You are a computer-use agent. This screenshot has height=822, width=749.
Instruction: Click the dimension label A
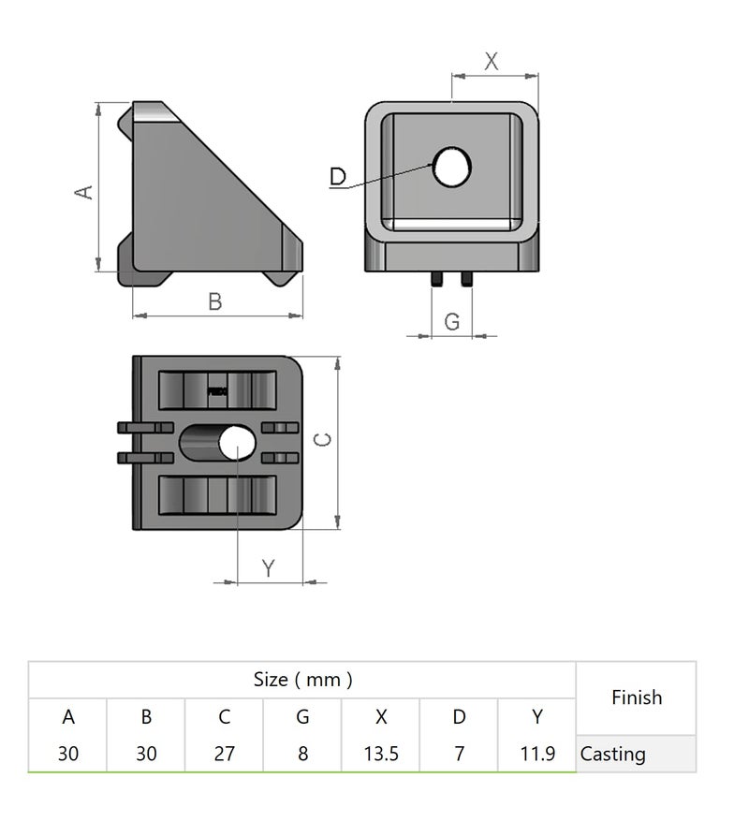coord(84,191)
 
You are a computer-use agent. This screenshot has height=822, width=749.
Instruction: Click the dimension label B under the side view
coord(214,301)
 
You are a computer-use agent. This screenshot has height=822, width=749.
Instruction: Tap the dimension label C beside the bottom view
coord(321,440)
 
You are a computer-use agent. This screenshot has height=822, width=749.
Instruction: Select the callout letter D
coord(338,176)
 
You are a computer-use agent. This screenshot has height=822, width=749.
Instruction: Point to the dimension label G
coord(452,321)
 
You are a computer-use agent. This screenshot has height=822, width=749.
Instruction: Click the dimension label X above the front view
coord(492,62)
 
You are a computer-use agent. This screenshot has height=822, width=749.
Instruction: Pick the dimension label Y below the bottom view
coord(269,567)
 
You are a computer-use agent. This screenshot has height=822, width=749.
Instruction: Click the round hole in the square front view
coord(451,168)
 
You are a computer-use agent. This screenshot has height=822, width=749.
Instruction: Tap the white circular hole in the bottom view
coord(238,443)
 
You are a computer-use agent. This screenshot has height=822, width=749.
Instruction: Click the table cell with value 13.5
coord(380,754)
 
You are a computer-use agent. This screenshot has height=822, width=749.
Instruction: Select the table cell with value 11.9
coord(536,754)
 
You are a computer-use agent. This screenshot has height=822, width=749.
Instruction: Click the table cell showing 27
coord(224,754)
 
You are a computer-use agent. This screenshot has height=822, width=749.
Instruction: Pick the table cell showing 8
coord(302,754)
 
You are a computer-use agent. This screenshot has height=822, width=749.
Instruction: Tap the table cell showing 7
coord(459,754)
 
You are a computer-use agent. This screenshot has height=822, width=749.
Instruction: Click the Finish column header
coord(636,697)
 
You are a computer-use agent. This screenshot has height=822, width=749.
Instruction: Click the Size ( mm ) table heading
coord(302,680)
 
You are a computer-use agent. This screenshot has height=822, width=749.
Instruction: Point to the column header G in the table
coord(302,717)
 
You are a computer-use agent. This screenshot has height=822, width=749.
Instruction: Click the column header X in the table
coord(380,717)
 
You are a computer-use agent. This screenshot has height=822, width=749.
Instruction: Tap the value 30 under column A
coord(67,754)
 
